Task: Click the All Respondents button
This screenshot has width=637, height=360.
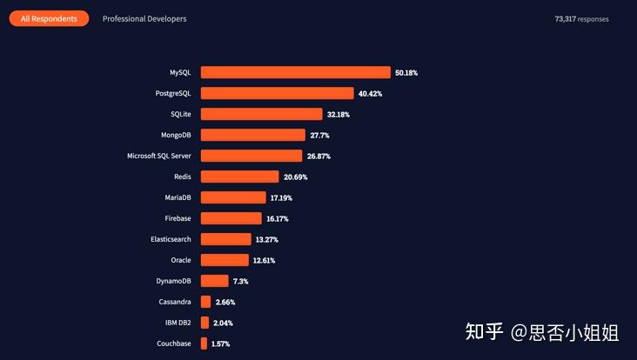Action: click(49, 18)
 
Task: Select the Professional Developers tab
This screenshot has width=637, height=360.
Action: click(144, 18)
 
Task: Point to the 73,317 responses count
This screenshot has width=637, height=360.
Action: click(581, 18)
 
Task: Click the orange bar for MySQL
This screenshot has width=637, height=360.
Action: click(295, 72)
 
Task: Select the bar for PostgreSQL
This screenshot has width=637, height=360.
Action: click(277, 93)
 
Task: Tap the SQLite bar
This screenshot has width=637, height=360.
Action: click(261, 114)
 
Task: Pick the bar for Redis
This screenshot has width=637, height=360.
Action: click(239, 177)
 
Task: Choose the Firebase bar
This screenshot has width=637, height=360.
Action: click(231, 218)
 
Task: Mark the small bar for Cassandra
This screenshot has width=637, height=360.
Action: click(205, 302)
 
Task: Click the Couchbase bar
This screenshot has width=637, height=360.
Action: click(204, 343)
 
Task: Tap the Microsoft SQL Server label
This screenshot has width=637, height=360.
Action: click(159, 156)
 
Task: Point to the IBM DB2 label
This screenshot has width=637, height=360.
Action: click(178, 323)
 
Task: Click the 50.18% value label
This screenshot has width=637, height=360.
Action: click(406, 73)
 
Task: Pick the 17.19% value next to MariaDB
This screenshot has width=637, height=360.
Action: click(281, 198)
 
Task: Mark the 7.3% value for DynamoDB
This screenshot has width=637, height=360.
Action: click(242, 282)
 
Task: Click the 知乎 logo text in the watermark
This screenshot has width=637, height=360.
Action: click(485, 331)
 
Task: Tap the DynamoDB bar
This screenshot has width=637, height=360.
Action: click(214, 281)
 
